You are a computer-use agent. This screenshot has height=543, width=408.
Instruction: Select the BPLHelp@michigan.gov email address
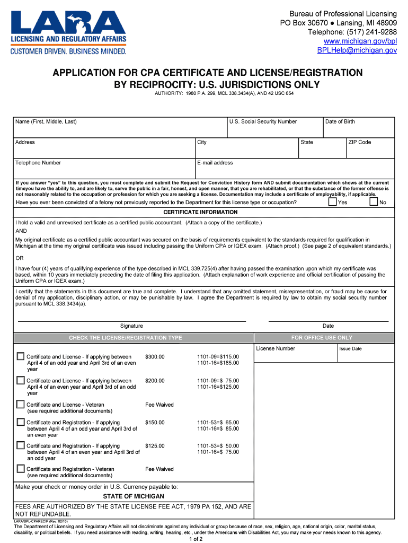tap(357, 50)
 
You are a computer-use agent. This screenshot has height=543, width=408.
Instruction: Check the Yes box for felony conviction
tap(332, 202)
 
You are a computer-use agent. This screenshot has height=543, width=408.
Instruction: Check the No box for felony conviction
tap(374, 202)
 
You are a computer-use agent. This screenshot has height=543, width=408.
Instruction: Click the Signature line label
tap(131, 326)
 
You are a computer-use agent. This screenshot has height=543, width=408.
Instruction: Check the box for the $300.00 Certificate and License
tap(21, 356)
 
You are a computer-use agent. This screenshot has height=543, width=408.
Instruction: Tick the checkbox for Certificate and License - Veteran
tap(21, 404)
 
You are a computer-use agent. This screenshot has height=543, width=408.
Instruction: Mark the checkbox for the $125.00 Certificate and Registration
tap(21, 445)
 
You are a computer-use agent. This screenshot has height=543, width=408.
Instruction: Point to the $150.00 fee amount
tap(155, 423)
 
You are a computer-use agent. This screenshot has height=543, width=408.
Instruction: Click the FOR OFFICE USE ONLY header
tap(322, 338)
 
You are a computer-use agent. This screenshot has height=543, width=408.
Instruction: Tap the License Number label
tap(276, 348)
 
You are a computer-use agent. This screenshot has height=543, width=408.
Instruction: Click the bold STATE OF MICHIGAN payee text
tap(134, 496)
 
